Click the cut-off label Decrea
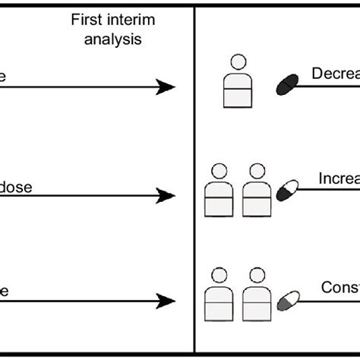coord(335,74)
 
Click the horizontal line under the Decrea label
coord(330,86)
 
